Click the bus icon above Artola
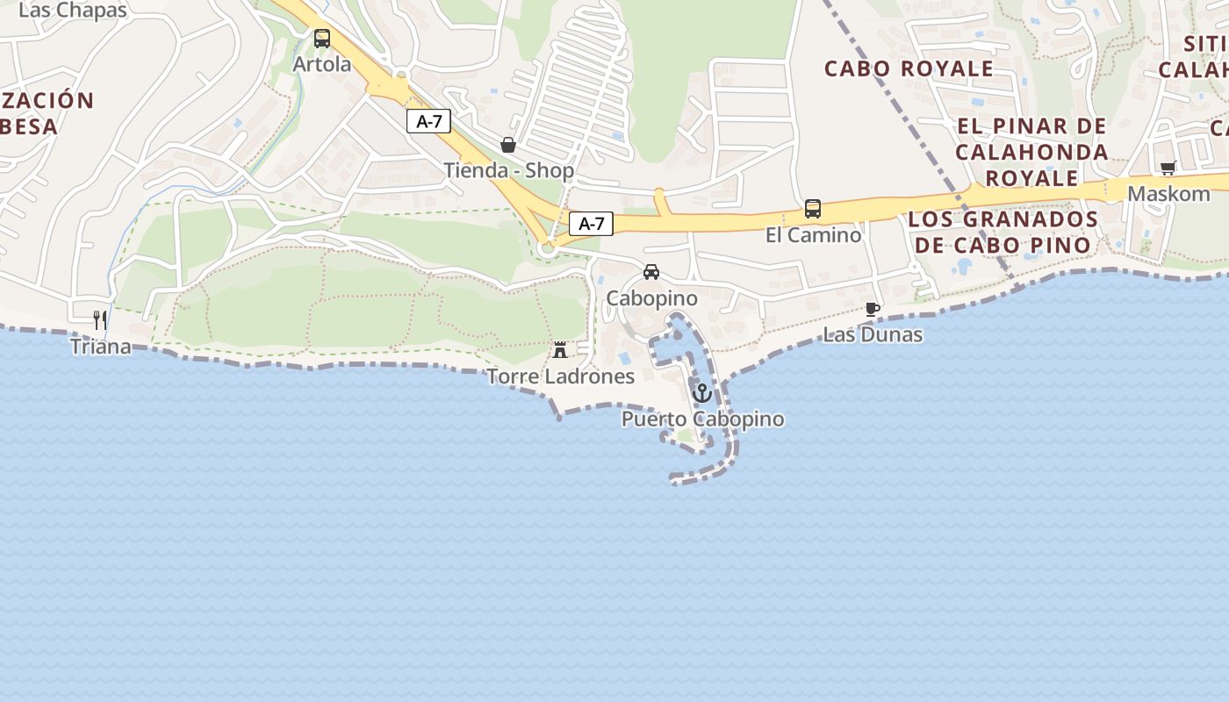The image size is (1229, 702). [x=322, y=39]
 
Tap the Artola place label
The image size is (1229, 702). [x=322, y=64]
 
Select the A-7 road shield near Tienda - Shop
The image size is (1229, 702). [x=428, y=122]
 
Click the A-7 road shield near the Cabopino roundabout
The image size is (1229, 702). [x=591, y=224]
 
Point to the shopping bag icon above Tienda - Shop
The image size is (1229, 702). [x=507, y=145]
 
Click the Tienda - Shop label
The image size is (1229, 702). [x=509, y=170]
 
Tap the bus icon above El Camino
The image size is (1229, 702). [x=813, y=209]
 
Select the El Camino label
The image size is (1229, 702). [x=814, y=235]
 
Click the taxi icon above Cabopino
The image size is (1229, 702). [x=651, y=272]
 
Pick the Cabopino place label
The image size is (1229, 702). [x=652, y=298]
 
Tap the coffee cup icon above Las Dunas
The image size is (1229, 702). [x=872, y=309]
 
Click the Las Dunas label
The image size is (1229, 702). [x=873, y=334]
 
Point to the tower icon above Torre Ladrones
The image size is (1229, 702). [x=559, y=350]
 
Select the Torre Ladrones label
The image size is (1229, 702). [x=560, y=376]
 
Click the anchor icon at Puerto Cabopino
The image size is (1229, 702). [x=701, y=393]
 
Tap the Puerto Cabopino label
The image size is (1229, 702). [x=702, y=419]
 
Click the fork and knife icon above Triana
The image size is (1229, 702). [x=101, y=320]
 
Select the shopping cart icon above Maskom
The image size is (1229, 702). [x=1168, y=168]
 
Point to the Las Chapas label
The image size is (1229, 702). [x=73, y=11]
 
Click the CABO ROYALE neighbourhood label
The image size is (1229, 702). [x=909, y=68]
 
